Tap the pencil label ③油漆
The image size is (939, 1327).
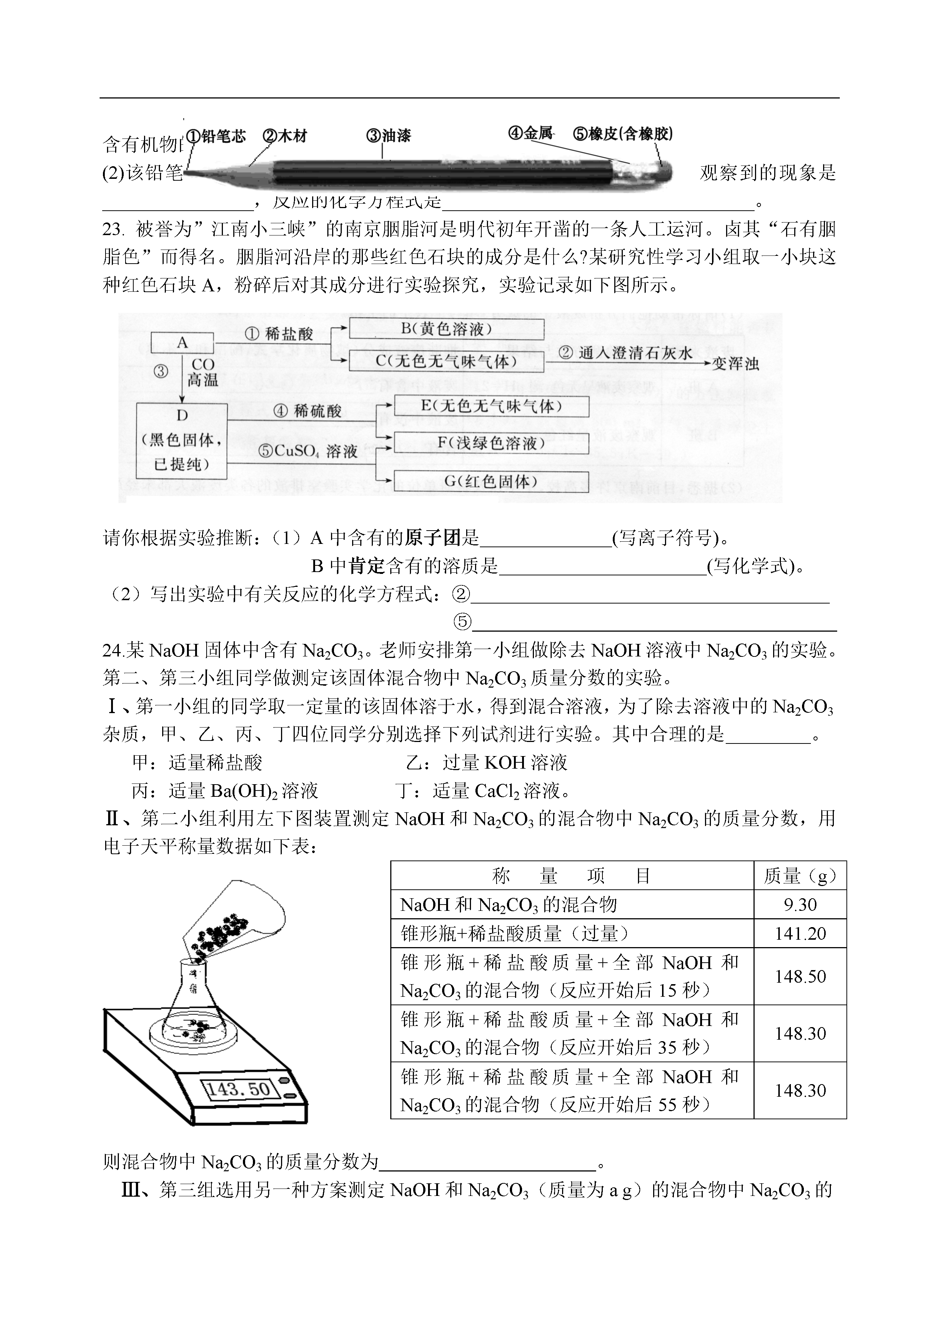[388, 136]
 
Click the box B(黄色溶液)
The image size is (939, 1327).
[447, 329]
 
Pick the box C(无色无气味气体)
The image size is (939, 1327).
[447, 361]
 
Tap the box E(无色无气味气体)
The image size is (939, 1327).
[491, 406]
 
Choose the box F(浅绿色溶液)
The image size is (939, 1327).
[491, 444]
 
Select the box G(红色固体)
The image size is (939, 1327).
[491, 481]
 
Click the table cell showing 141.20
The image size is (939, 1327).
[800, 933]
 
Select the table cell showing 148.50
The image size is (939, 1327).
[800, 977]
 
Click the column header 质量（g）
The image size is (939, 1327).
[800, 876]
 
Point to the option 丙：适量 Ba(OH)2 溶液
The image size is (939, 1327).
[225, 790]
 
